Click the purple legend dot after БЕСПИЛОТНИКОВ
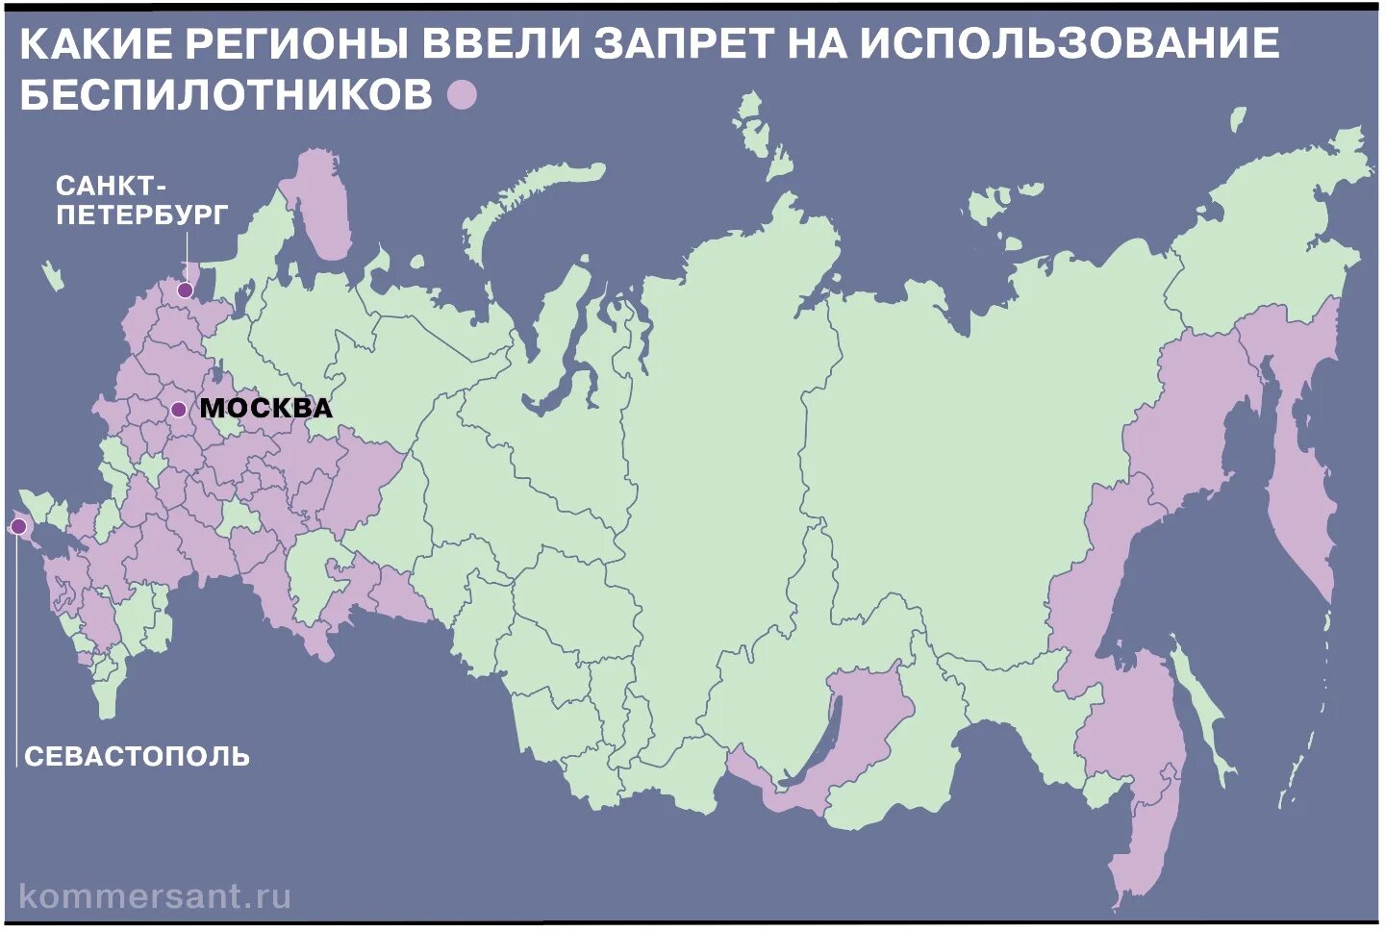coord(463,95)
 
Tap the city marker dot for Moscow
coord(178,410)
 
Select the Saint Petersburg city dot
coord(185,290)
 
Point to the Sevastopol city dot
coord(18,526)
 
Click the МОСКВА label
coord(266,408)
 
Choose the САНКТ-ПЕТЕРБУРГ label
coord(141,200)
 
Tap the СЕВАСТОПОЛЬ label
coord(138,756)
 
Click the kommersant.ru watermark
coord(155,897)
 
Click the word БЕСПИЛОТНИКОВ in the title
coord(226,95)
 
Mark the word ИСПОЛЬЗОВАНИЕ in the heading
coord(1070,43)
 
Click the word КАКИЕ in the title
coord(95,43)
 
